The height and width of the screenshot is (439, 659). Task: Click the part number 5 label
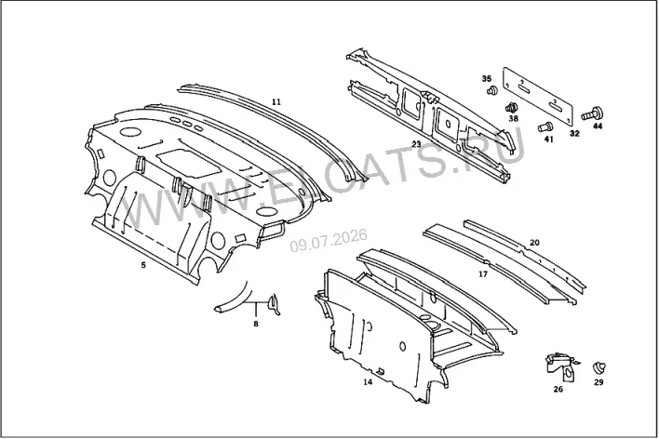pos(143,265)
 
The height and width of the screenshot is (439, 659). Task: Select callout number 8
pos(256,324)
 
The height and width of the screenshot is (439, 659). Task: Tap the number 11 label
pos(276,101)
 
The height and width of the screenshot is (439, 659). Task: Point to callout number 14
pos(368,382)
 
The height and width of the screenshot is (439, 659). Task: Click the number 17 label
pos(483,274)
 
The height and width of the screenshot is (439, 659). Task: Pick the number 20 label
pos(534,243)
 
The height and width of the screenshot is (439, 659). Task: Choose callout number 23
pos(416,144)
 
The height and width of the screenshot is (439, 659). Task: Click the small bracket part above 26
pos(561,367)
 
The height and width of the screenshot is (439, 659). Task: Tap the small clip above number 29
pos(598,366)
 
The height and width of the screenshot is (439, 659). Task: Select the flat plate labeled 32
pos(537,96)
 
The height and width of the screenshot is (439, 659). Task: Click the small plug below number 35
pos(491,90)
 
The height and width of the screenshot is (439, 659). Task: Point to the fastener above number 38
pos(511,108)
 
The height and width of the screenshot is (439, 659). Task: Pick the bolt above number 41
pos(545,126)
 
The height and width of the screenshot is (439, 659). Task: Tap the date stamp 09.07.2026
pos(329,241)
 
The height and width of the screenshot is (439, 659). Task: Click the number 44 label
pos(598,126)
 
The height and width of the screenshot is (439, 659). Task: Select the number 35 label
pos(486,78)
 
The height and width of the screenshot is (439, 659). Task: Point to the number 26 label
pos(558,389)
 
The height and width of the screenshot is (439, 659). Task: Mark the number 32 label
pos(574,134)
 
